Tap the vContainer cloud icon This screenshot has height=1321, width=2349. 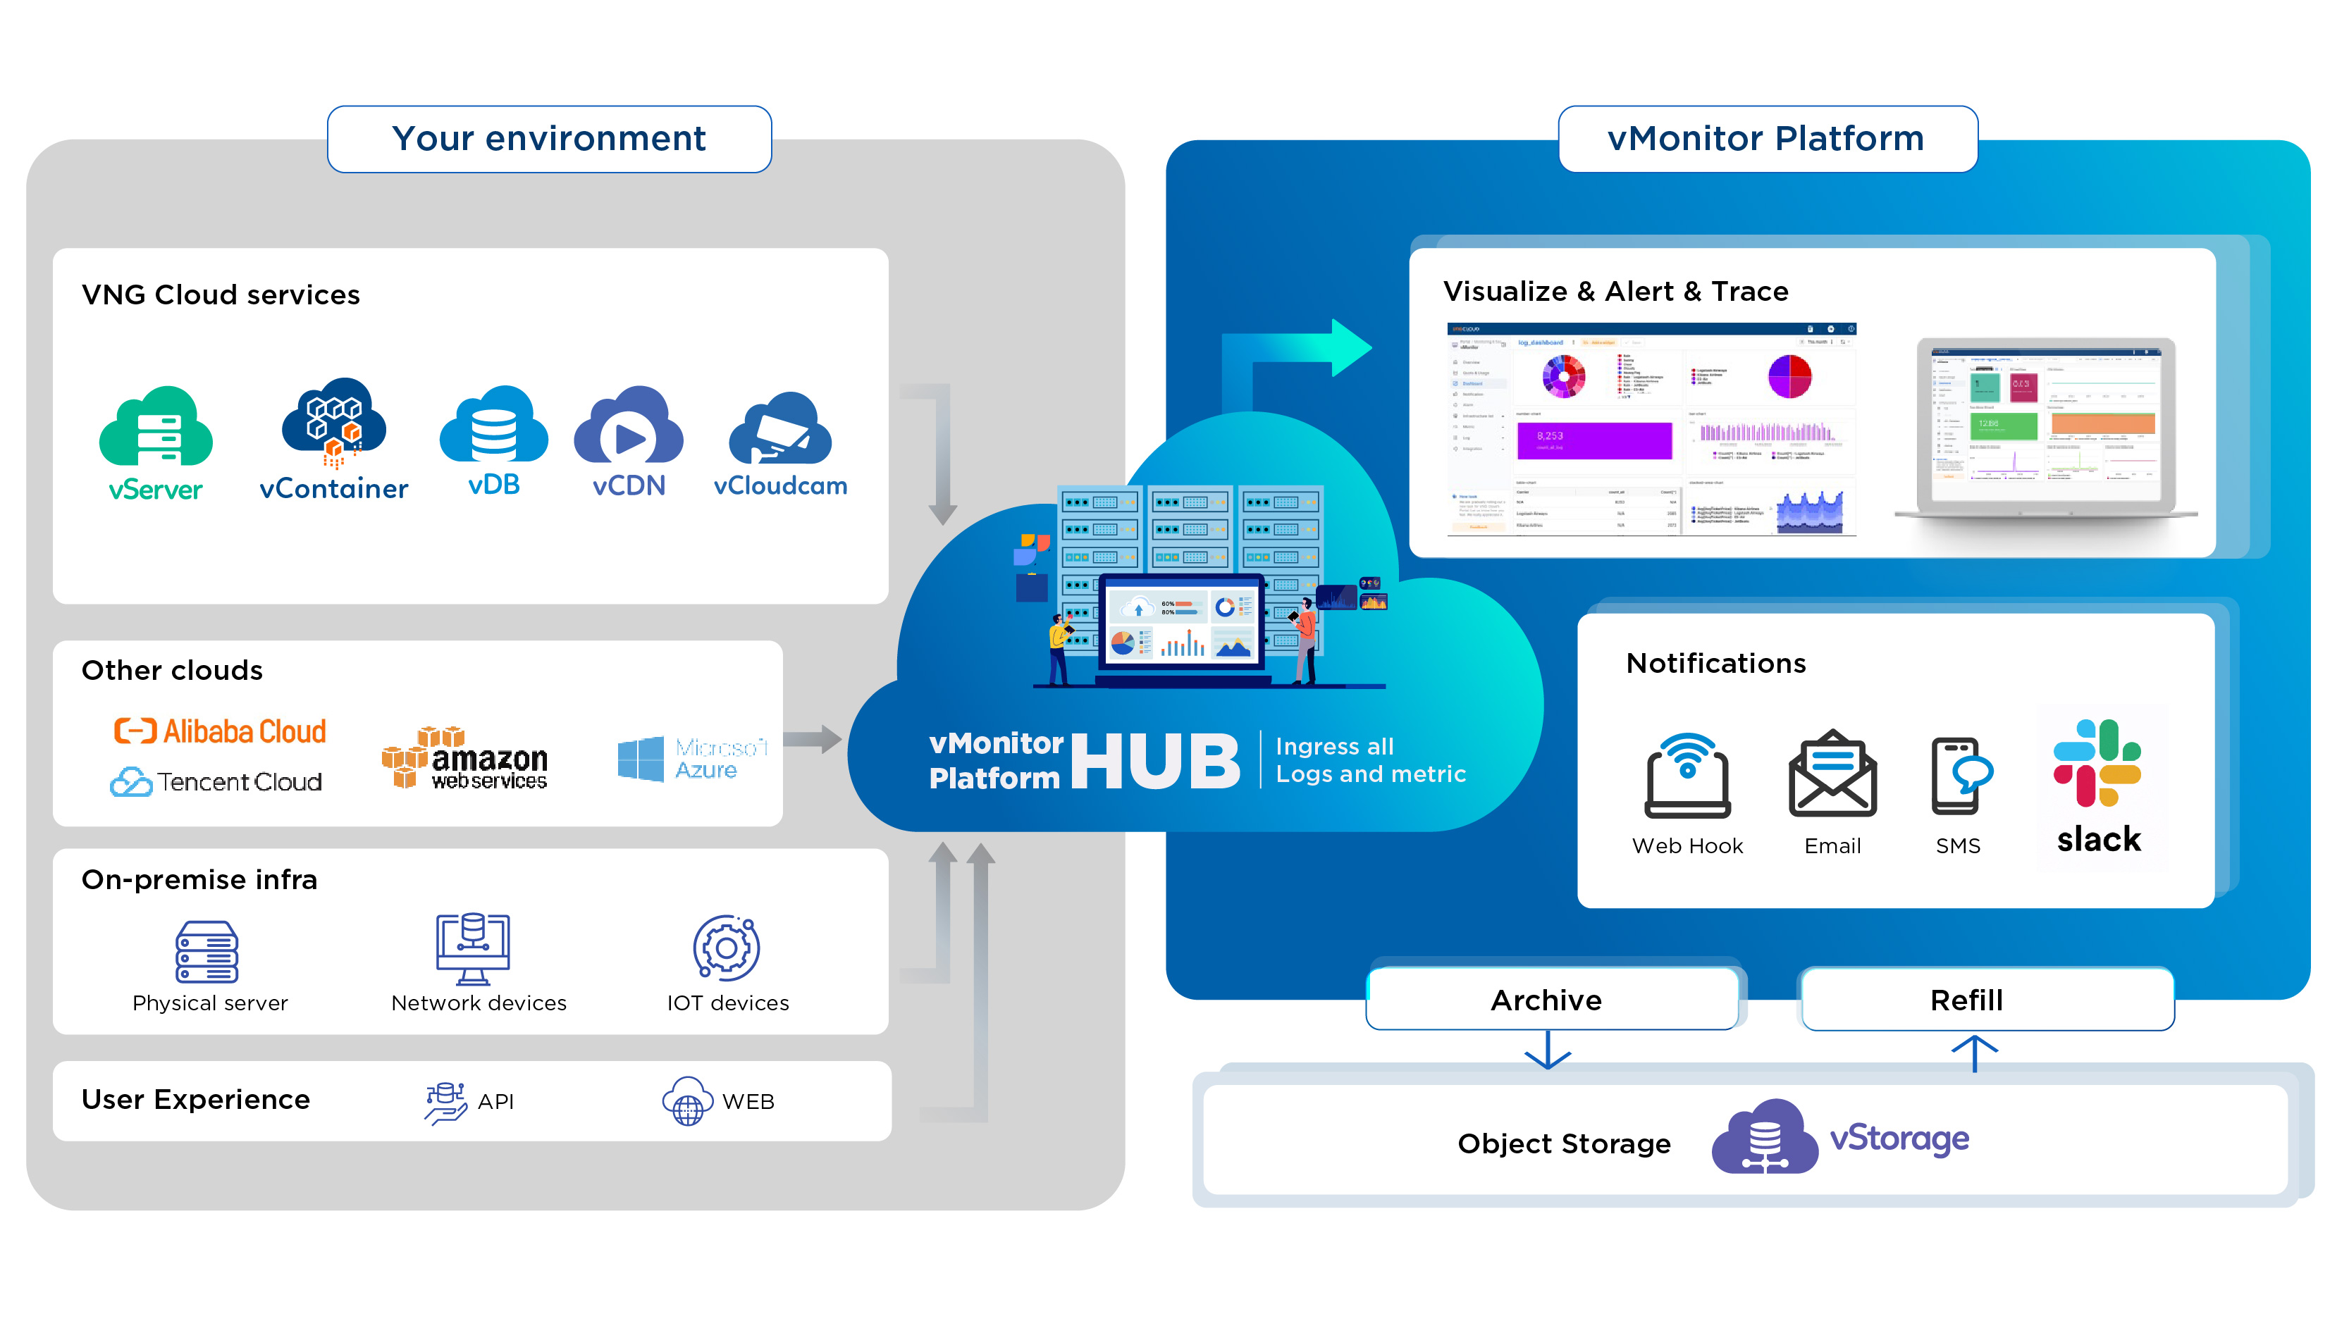point(334,421)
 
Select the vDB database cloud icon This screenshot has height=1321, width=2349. point(493,425)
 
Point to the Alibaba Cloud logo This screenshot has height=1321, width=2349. point(220,731)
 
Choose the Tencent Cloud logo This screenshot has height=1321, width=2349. point(216,782)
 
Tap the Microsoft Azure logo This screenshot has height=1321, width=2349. point(693,759)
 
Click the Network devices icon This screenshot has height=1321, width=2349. point(472,948)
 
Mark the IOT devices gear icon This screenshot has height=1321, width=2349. point(727,948)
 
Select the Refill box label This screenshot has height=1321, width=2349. point(1967,1000)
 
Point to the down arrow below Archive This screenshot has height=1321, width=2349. point(1548,1051)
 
